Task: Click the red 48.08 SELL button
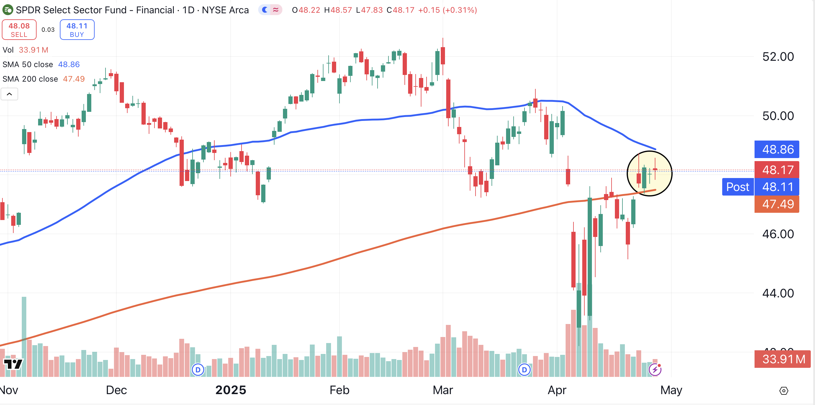(19, 30)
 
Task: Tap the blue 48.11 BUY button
(77, 30)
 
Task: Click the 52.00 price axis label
(778, 57)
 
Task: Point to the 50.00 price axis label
(778, 116)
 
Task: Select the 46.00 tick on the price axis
(778, 234)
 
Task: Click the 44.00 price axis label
(778, 293)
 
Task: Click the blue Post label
(738, 187)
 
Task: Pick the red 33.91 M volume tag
(783, 359)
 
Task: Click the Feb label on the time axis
(339, 390)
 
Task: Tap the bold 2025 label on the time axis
(231, 390)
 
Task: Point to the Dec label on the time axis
(116, 390)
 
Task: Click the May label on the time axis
(671, 390)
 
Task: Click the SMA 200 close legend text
(30, 79)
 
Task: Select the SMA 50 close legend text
(28, 65)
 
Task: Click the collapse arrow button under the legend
(9, 94)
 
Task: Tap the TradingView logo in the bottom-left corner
(13, 364)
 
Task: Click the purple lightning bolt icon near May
(654, 369)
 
